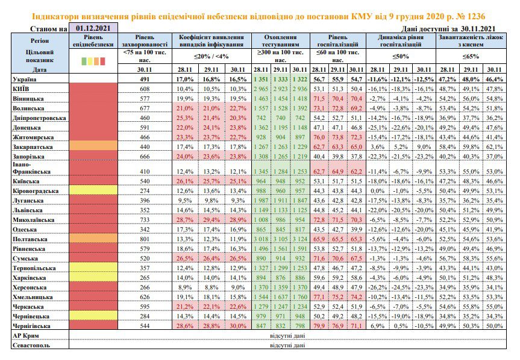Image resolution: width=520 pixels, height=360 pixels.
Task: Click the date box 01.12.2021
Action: pos(93,28)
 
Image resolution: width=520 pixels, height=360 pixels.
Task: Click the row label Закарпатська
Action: pos(33,147)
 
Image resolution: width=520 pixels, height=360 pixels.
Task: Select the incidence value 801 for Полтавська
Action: pos(145,239)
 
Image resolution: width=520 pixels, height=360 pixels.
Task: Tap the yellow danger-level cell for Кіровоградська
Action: pos(93,190)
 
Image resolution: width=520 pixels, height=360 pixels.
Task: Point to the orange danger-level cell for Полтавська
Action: pos(93,238)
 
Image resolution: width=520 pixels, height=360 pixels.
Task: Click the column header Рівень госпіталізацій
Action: pos(337,41)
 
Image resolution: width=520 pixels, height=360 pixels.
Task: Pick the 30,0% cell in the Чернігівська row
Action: pos(238,326)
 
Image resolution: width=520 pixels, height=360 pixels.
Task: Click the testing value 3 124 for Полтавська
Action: pos(300,239)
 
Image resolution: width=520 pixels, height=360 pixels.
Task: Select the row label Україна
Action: pos(25,80)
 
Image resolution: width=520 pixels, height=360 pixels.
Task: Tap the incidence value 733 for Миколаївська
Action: pos(145,220)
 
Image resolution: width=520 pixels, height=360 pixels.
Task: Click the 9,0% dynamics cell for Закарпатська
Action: pos(424,147)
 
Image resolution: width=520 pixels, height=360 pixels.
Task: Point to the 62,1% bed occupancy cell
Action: pos(495,147)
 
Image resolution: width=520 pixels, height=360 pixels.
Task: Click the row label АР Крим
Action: pos(25,336)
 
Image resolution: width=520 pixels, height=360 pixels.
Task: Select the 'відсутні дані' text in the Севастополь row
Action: pos(287,346)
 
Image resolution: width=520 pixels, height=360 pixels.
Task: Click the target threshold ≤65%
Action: pos(471,57)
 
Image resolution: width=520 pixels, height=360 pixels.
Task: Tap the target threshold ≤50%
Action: pos(401,57)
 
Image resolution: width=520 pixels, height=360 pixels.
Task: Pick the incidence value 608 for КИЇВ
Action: pos(145,89)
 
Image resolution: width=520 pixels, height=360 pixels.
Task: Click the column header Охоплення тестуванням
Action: pos(281,41)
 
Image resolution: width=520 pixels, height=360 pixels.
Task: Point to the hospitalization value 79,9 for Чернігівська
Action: pos(319,326)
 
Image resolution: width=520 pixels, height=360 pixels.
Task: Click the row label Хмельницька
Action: pos(33,297)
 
